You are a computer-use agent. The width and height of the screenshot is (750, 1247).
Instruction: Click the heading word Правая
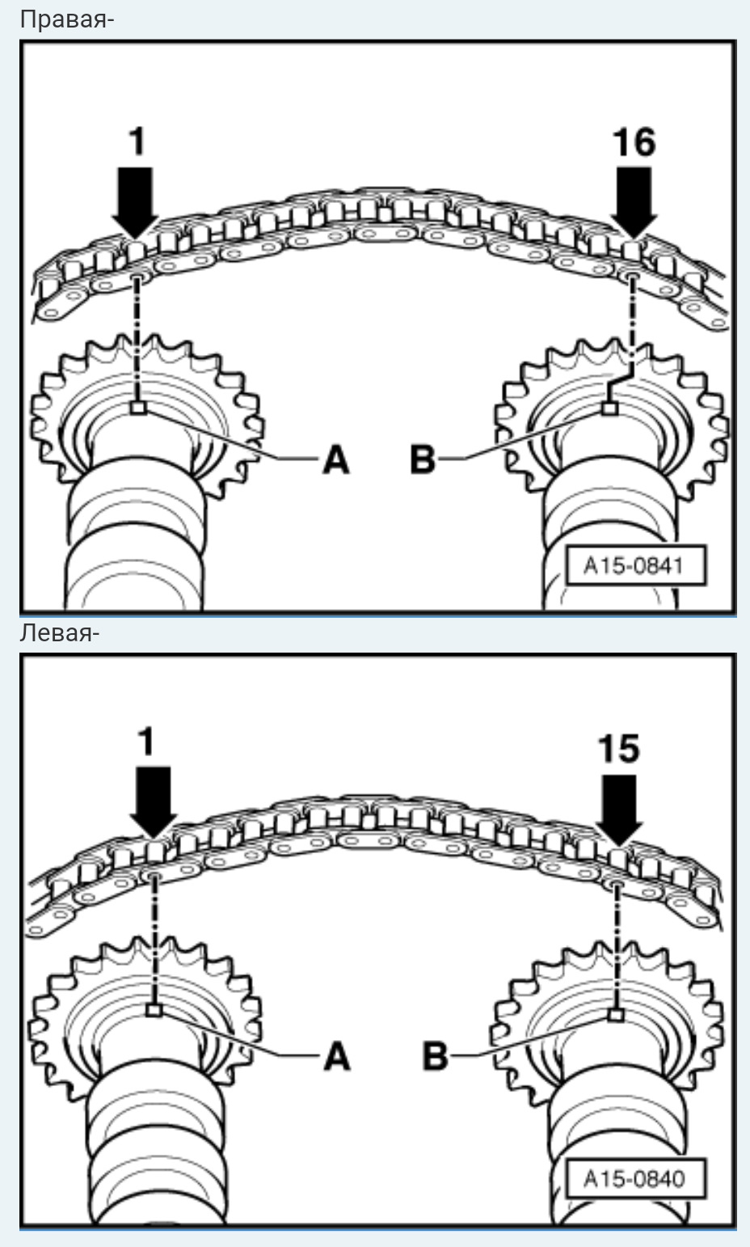(x=65, y=19)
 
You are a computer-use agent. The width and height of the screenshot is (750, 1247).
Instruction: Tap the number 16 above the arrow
(x=634, y=142)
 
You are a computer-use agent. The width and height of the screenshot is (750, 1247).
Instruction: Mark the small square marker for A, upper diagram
(x=137, y=408)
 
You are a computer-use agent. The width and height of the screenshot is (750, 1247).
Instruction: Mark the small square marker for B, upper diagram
(x=610, y=409)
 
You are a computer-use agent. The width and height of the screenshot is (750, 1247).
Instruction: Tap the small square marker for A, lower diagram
(x=154, y=1010)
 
